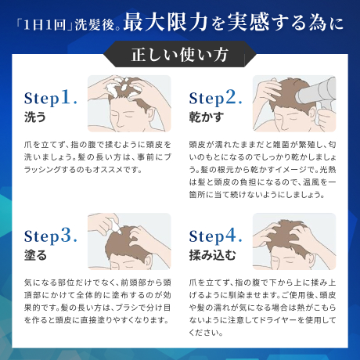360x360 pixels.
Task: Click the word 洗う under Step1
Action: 35,117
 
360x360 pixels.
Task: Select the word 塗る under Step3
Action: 35,254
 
